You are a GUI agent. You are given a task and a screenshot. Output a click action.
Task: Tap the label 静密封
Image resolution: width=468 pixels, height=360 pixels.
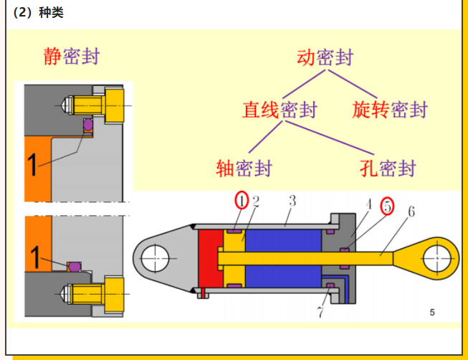71,57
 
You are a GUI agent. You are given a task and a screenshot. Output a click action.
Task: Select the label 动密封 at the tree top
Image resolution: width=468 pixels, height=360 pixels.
325,57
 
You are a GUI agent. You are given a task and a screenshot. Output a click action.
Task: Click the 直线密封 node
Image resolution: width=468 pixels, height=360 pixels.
280,110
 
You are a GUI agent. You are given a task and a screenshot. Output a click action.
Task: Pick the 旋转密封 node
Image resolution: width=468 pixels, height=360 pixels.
390,110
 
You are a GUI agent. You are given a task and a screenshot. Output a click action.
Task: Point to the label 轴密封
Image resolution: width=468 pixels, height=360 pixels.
244,169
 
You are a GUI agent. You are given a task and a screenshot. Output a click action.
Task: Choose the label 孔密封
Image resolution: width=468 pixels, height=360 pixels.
388,169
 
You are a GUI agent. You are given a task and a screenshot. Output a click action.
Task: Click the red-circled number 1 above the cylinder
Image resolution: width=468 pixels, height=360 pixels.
242,201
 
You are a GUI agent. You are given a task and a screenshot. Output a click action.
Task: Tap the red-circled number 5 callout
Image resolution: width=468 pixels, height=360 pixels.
388,206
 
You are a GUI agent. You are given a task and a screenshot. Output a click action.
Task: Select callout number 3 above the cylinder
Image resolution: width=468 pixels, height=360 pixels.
292,201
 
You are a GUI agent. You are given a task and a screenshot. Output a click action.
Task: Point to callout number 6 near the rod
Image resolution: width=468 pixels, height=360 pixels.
411,211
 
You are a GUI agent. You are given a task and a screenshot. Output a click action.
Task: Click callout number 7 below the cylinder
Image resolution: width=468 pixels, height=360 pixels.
320,312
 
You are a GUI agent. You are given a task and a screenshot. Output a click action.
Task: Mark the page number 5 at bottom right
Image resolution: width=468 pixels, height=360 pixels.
432,312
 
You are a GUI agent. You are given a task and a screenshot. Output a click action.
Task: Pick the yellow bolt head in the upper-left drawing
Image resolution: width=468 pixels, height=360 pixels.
115,105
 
